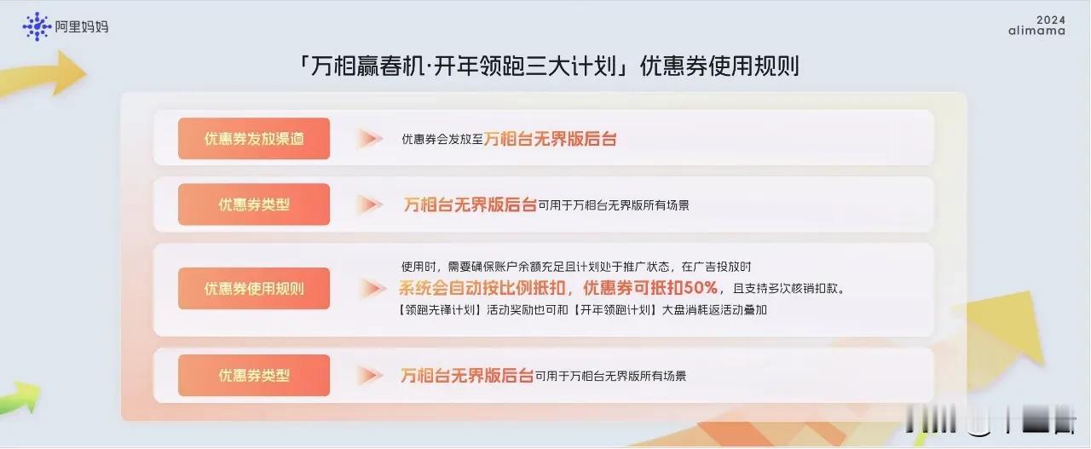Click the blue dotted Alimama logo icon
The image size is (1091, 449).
[37, 26]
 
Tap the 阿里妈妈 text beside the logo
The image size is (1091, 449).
[81, 26]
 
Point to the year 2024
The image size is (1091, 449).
[1051, 20]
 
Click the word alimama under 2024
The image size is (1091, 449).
[1036, 31]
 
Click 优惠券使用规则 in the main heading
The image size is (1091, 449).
[720, 66]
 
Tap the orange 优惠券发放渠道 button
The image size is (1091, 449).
[254, 138]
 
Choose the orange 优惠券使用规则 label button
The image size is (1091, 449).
[254, 288]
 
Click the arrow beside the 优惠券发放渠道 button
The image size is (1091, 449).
[370, 138]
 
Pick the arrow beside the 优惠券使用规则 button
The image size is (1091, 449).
[372, 288]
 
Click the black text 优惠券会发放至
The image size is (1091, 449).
[442, 139]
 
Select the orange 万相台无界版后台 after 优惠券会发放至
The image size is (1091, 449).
[551, 139]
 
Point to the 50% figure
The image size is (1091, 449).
[701, 288]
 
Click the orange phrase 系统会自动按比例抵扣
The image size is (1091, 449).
[482, 288]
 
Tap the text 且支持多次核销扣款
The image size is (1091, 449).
[788, 288]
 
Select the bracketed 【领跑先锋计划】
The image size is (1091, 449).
[441, 310]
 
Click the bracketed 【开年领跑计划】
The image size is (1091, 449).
[615, 310]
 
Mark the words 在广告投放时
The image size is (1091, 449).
[716, 267]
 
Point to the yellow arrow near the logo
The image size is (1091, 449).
[43, 74]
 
